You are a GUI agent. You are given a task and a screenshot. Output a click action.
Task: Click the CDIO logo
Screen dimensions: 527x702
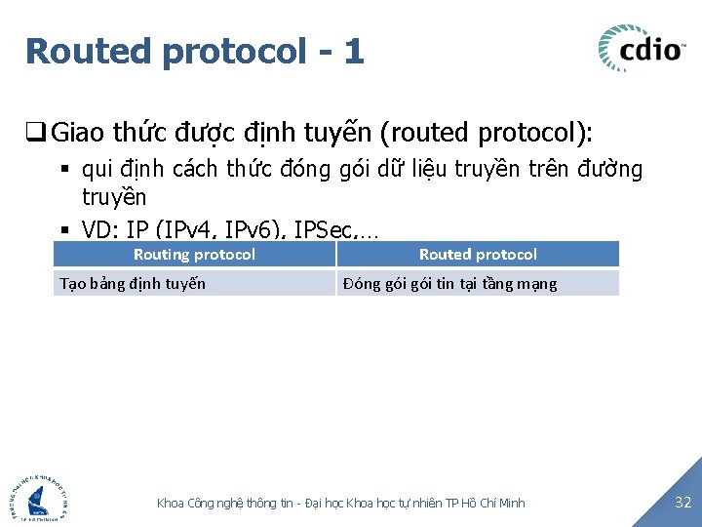[x=642, y=49]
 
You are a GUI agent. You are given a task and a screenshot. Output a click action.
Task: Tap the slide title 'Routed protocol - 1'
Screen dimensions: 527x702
[x=195, y=51]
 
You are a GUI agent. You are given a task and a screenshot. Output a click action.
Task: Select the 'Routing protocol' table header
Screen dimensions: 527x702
[x=194, y=255]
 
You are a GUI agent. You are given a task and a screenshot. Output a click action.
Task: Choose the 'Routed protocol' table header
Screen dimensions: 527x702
[x=478, y=255]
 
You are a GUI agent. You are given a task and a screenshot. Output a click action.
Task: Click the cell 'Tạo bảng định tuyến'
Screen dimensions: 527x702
[x=133, y=284]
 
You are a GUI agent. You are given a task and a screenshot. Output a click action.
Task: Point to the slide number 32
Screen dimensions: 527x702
[x=682, y=503]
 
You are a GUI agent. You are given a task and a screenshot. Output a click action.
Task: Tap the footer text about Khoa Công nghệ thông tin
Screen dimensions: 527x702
[x=340, y=503]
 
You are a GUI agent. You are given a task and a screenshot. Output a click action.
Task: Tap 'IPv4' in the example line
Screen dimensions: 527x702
[x=196, y=230]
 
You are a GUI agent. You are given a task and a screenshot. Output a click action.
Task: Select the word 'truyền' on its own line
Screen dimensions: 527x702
[x=114, y=198]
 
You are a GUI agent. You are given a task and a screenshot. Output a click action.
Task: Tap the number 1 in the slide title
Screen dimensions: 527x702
[x=353, y=51]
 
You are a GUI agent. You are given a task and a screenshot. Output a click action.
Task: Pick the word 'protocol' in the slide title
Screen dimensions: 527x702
[x=234, y=52]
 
